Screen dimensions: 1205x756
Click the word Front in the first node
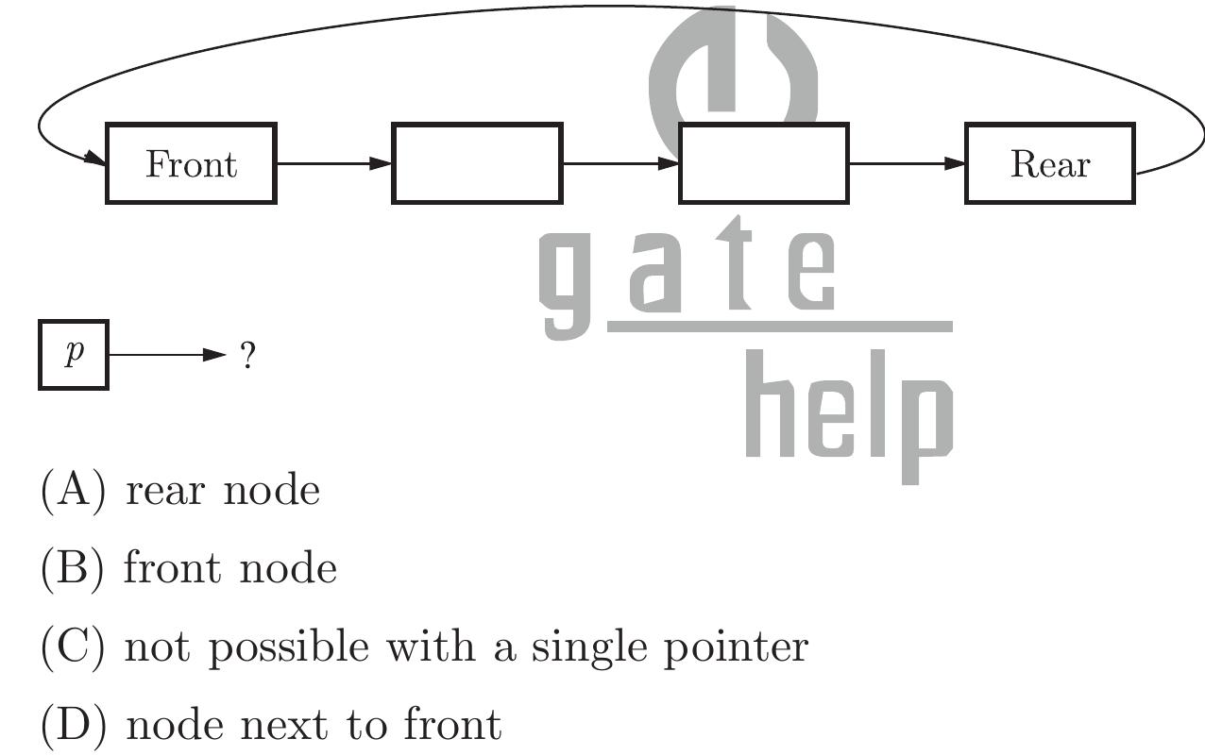pyautogui.click(x=191, y=164)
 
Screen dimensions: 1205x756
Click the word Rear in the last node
pyautogui.click(x=1050, y=164)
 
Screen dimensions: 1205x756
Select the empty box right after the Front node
pyautogui.click(x=478, y=163)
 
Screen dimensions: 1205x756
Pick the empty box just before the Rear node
pyautogui.click(x=764, y=163)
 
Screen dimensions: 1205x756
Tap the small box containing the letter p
pyautogui.click(x=74, y=355)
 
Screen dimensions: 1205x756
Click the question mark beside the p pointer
pyautogui.click(x=247, y=356)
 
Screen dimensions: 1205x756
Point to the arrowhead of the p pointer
pyautogui.click(x=214, y=355)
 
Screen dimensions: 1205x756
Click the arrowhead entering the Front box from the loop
pyautogui.click(x=95, y=159)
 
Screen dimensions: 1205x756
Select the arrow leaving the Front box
pyautogui.click(x=334, y=163)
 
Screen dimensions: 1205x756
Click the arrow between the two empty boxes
pyautogui.click(x=620, y=163)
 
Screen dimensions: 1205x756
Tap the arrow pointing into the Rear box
pyautogui.click(x=908, y=163)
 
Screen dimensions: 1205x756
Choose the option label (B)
pyautogui.click(x=72, y=569)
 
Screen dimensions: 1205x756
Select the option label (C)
pyautogui.click(x=72, y=647)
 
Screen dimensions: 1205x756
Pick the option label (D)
pyautogui.click(x=74, y=726)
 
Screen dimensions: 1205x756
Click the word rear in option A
pyautogui.click(x=165, y=492)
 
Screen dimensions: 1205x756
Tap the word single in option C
pyautogui.click(x=589, y=647)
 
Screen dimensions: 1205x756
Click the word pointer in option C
pyautogui.click(x=737, y=647)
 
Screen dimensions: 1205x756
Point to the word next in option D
pyautogui.click(x=283, y=727)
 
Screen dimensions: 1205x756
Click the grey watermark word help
pyautogui.click(x=849, y=417)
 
